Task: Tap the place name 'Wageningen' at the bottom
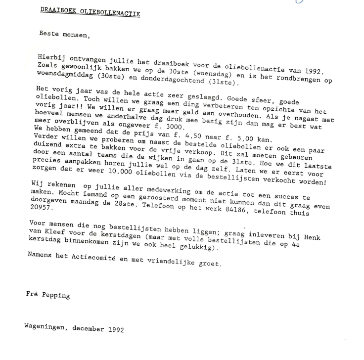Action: coord(45,327)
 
